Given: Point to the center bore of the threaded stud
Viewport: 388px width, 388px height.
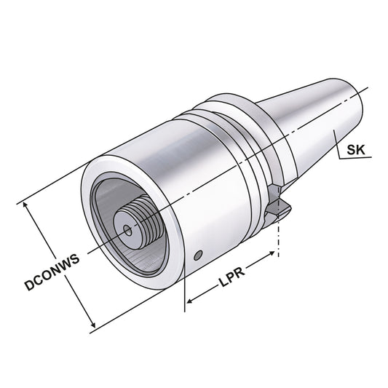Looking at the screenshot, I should (x=128, y=231).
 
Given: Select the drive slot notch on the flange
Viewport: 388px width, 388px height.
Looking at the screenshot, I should (x=276, y=204).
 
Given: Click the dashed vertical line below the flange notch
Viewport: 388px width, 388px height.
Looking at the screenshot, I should (x=280, y=240).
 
